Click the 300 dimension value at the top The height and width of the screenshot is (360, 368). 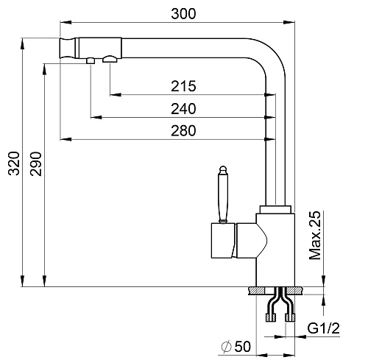(183, 14)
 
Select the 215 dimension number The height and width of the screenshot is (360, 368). (183, 86)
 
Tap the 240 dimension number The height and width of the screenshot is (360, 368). (183, 109)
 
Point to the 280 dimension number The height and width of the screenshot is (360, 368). (183, 130)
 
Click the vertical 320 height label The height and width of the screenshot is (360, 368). (14, 163)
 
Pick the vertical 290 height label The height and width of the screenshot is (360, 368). (36, 164)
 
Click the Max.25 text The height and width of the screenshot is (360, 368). (315, 235)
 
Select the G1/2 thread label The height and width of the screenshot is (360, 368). (324, 328)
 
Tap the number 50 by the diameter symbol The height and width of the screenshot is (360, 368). (243, 346)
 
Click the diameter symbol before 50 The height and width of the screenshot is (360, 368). (226, 347)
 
